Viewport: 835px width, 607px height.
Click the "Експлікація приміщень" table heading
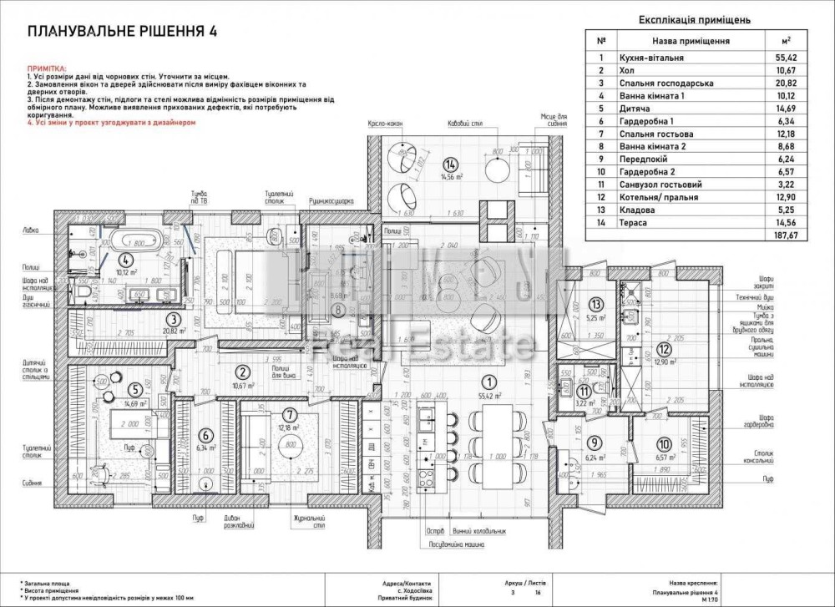pos(696,19)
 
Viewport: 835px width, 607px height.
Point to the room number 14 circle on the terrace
pos(452,163)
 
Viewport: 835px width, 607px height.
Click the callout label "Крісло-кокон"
pos(385,124)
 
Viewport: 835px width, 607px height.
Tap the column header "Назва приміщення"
pos(690,40)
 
